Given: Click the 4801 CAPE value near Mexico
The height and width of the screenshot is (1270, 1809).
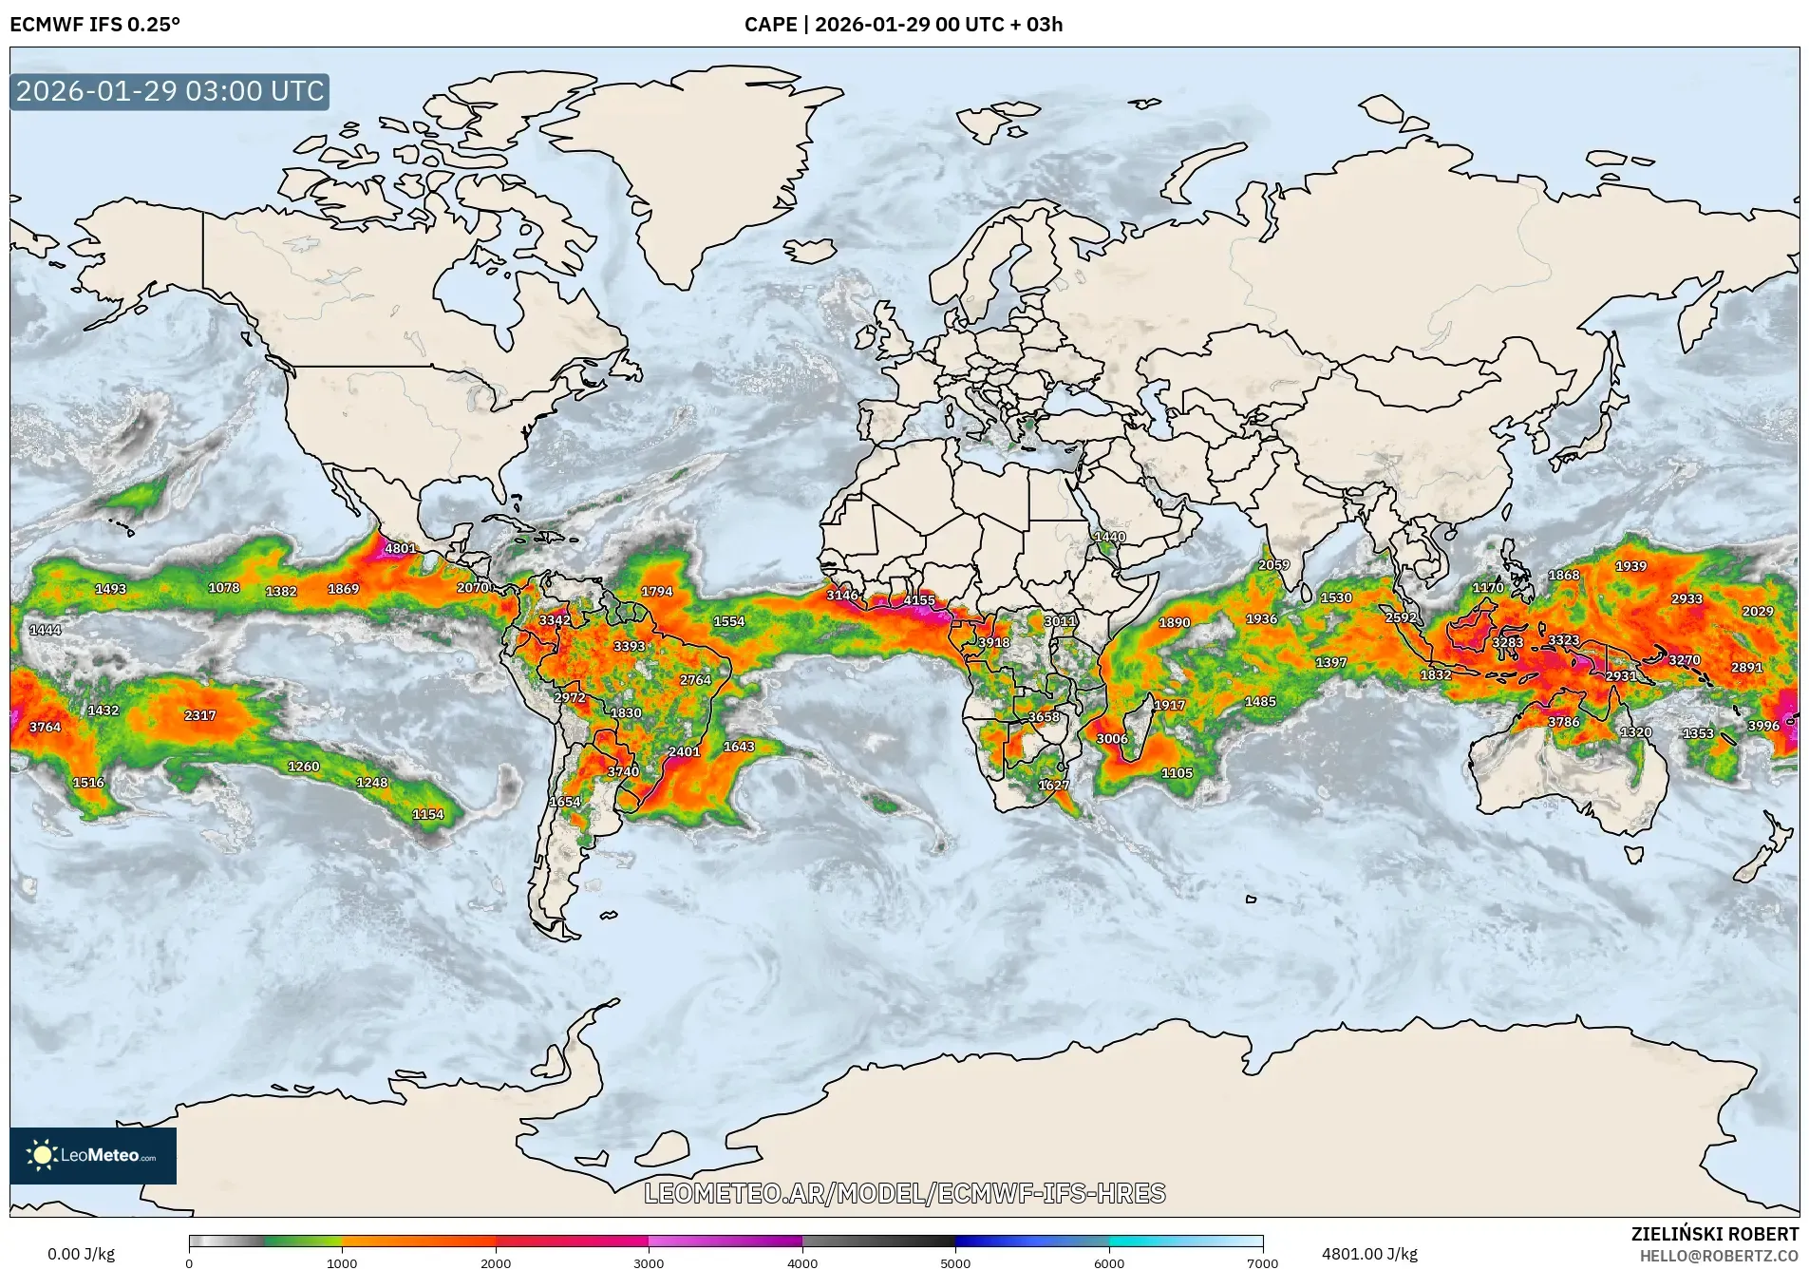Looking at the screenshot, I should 400,548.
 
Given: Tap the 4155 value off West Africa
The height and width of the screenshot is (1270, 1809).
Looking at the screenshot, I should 918,600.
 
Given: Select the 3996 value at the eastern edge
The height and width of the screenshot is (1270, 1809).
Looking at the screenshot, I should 1763,726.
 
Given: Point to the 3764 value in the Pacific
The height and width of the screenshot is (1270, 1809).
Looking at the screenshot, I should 45,727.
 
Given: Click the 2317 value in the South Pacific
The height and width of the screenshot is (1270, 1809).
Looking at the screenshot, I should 200,715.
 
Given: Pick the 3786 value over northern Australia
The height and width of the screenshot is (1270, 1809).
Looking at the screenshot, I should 1563,722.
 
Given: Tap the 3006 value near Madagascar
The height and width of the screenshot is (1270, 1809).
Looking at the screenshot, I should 1112,738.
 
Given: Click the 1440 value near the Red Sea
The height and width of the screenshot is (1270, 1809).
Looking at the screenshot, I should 1109,537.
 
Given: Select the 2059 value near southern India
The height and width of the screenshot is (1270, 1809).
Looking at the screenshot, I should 1273,564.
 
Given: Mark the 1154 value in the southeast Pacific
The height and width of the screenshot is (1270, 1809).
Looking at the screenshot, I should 427,814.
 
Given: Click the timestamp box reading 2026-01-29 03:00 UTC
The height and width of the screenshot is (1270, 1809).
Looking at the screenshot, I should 170,91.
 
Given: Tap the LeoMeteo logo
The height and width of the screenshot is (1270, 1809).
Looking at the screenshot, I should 93,1155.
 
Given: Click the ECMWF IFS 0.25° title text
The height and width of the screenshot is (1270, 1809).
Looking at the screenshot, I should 95,25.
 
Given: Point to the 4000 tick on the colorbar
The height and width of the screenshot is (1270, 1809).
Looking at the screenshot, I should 802,1262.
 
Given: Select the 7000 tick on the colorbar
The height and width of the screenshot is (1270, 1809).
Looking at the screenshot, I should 1262,1262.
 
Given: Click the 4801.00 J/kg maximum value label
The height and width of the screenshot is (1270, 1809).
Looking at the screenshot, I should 1368,1254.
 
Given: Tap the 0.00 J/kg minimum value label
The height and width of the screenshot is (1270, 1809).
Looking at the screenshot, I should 81,1254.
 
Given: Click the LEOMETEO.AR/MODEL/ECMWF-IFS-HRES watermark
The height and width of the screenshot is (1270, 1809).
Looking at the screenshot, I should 904,1193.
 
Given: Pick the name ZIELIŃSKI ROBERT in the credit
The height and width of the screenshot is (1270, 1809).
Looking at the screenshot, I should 1714,1234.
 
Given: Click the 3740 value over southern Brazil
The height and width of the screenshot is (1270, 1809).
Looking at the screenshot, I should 623,771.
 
